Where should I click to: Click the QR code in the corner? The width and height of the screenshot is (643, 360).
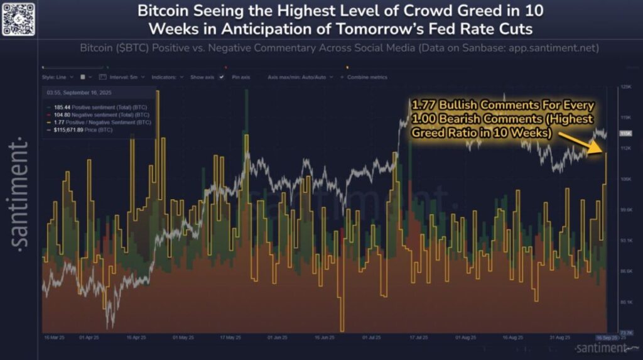[18, 18]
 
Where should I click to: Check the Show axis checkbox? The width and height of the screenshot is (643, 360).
[205, 77]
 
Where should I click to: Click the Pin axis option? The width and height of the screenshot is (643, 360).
[240, 77]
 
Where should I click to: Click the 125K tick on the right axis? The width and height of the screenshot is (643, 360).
[625, 87]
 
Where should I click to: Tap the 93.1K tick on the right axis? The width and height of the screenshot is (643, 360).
[625, 241]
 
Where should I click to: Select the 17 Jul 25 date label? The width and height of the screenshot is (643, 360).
[418, 337]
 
